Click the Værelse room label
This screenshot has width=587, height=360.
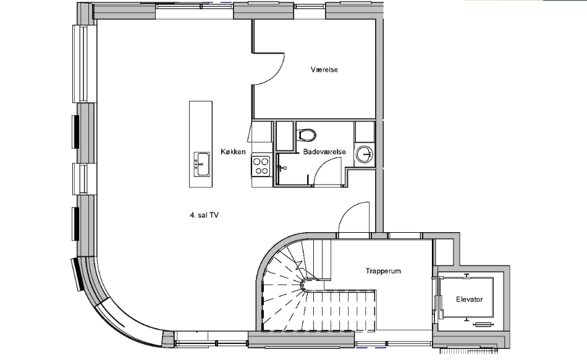[324, 70]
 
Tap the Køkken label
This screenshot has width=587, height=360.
[233, 151]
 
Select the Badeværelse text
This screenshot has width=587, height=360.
[324, 151]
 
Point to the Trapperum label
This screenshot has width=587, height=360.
[383, 271]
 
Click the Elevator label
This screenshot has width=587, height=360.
[469, 299]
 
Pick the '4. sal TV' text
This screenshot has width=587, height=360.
[204, 215]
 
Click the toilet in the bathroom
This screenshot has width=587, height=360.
[306, 135]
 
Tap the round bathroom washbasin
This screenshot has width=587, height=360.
[365, 154]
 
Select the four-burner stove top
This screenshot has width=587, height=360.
[261, 166]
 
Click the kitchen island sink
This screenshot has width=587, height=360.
[201, 164]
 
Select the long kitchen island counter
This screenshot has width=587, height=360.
[201, 144]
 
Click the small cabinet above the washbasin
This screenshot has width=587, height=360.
[365, 132]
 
